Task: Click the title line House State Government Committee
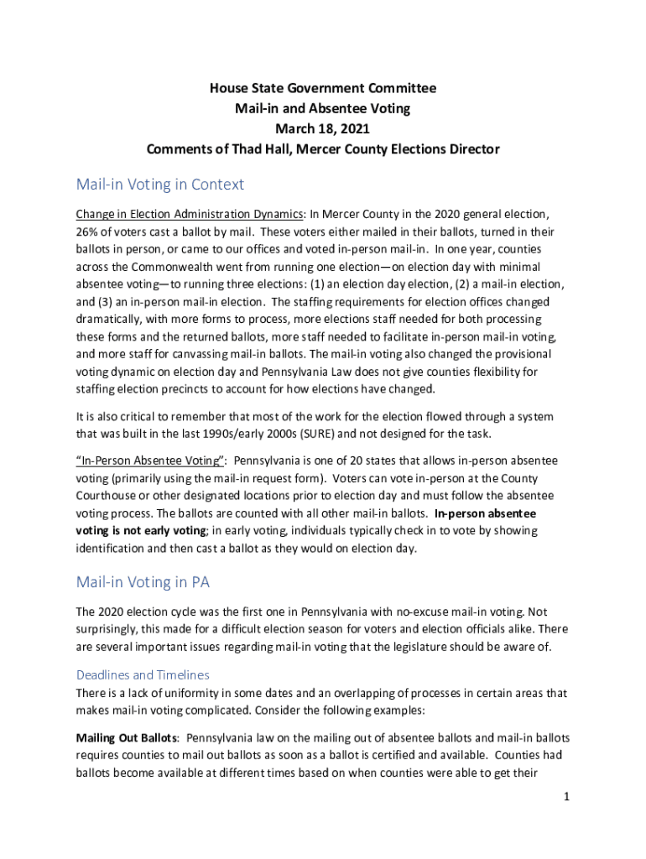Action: tap(323, 88)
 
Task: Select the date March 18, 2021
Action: tap(323, 129)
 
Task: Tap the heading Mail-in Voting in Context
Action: tap(160, 184)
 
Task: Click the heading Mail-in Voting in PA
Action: tap(143, 581)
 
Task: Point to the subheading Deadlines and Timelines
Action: tap(143, 674)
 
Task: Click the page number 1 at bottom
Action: tap(567, 796)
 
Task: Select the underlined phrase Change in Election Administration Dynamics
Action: tap(190, 214)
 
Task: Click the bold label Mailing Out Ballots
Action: tap(127, 738)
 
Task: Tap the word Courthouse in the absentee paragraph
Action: tap(107, 496)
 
